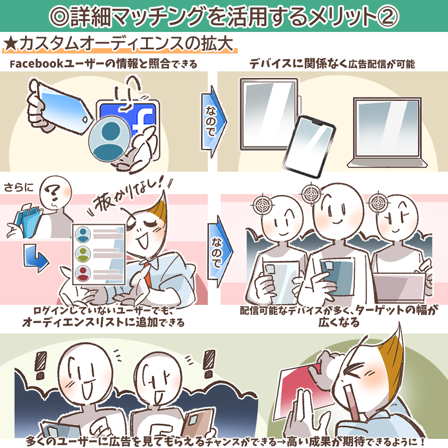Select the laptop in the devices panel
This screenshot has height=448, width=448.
pos(387,132)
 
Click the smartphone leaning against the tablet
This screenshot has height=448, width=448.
pos(309,146)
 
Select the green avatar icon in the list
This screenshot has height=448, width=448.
pos(83,254)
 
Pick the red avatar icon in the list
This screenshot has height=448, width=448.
pos(83,273)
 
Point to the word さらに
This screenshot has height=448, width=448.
pos(18,187)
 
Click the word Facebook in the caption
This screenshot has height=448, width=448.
pos(37,64)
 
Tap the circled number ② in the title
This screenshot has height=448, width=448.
pos(388,17)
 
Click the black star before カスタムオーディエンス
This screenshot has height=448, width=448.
pos(11,44)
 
